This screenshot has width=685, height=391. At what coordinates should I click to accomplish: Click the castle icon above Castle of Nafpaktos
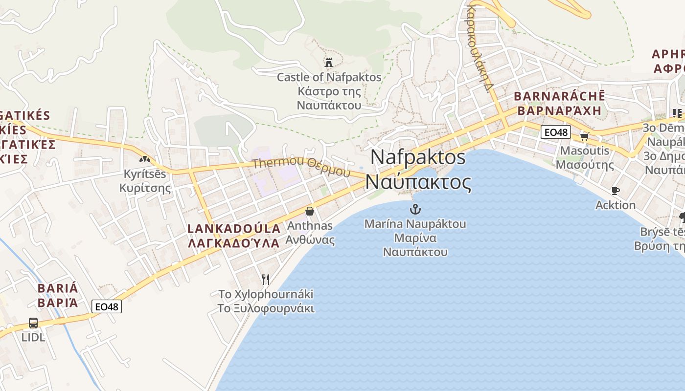pos(328,63)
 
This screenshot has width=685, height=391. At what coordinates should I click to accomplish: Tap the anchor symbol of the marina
pos(415,210)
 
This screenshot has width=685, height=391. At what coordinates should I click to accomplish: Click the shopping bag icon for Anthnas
pos(310,211)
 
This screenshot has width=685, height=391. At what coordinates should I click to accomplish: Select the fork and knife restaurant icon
pos(266,280)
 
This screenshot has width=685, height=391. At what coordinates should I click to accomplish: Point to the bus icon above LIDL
pos(33,323)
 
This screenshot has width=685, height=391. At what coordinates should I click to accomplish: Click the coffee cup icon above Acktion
pos(616,191)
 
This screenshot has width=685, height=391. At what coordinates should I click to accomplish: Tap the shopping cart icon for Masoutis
pos(584,136)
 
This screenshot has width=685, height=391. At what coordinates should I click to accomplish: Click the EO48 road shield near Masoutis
pos(556,132)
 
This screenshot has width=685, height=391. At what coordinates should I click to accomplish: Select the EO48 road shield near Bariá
pos(107,306)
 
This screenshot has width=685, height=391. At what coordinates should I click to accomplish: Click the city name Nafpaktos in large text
pos(418,157)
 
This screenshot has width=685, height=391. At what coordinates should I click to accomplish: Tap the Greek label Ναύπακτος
pos(418,182)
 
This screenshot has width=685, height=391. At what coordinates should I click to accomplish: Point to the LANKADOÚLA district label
pos(234,229)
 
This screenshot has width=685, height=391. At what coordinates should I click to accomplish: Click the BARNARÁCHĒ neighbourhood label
pos(559,96)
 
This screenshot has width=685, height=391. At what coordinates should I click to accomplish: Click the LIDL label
pos(33,337)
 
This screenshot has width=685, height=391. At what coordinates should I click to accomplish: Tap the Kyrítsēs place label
pos(145,174)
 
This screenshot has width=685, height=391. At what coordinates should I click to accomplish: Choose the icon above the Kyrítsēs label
pos(144,159)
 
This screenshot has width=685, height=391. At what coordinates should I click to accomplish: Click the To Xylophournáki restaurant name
pos(266,294)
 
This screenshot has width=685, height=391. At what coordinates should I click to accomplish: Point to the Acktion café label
pos(616,205)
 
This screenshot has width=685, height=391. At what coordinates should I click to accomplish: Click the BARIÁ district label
pos(58,288)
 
